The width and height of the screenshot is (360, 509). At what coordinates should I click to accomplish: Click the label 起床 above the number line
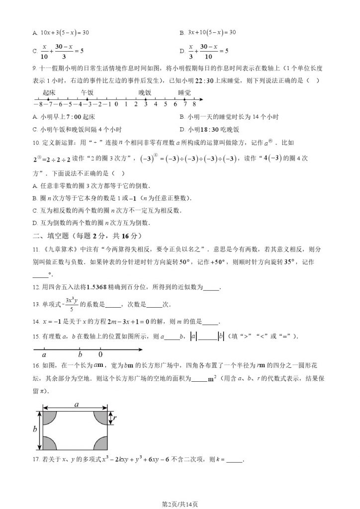tap(49, 92)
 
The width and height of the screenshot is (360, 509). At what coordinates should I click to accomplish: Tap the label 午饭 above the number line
tap(88, 92)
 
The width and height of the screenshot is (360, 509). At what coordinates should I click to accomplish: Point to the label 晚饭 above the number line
tap(145, 92)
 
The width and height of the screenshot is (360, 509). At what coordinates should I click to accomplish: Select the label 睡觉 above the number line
tap(184, 92)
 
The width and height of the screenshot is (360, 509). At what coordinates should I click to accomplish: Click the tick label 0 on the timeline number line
tap(116, 104)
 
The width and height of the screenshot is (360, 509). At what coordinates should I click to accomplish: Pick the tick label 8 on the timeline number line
tap(194, 104)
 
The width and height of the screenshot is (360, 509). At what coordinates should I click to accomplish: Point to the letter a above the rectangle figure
tap(77, 405)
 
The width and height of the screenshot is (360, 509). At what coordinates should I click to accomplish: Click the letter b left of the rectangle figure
tap(35, 429)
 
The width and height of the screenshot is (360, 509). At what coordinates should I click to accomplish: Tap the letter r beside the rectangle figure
tap(114, 419)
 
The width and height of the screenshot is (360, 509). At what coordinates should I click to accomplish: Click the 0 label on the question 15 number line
tap(100, 355)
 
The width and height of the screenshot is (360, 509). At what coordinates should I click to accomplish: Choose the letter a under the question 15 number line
tap(44, 355)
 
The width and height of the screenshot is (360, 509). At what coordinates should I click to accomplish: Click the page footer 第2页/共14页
tap(180, 504)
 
